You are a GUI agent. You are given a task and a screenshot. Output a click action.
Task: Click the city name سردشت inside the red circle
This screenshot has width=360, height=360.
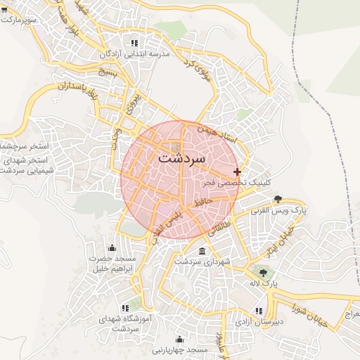pyautogui.click(x=181, y=158)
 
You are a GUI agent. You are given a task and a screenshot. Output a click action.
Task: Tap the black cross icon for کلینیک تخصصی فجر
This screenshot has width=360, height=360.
pyautogui.click(x=238, y=172)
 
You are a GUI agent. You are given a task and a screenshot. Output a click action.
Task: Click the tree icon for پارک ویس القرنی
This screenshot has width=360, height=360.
pyautogui.click(x=278, y=199)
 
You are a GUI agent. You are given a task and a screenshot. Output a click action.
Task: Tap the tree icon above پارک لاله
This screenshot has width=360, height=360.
pyautogui.click(x=263, y=271)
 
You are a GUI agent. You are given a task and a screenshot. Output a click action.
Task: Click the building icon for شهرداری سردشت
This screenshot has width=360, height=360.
pyautogui.click(x=202, y=251)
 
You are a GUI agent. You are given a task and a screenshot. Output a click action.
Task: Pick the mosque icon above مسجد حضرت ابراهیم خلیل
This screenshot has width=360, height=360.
pyautogui.click(x=112, y=248)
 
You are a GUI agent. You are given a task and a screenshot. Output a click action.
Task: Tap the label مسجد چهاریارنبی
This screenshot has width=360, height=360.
pyautogui.click(x=181, y=349)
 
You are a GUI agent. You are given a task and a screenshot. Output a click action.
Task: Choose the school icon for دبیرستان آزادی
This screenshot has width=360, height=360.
pyautogui.click(x=259, y=310)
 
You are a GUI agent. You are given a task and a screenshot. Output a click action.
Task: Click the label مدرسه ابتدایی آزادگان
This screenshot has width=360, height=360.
pyautogui.click(x=136, y=53)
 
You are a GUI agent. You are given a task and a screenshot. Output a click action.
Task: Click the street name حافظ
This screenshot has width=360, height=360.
pyautogui.click(x=205, y=202)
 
